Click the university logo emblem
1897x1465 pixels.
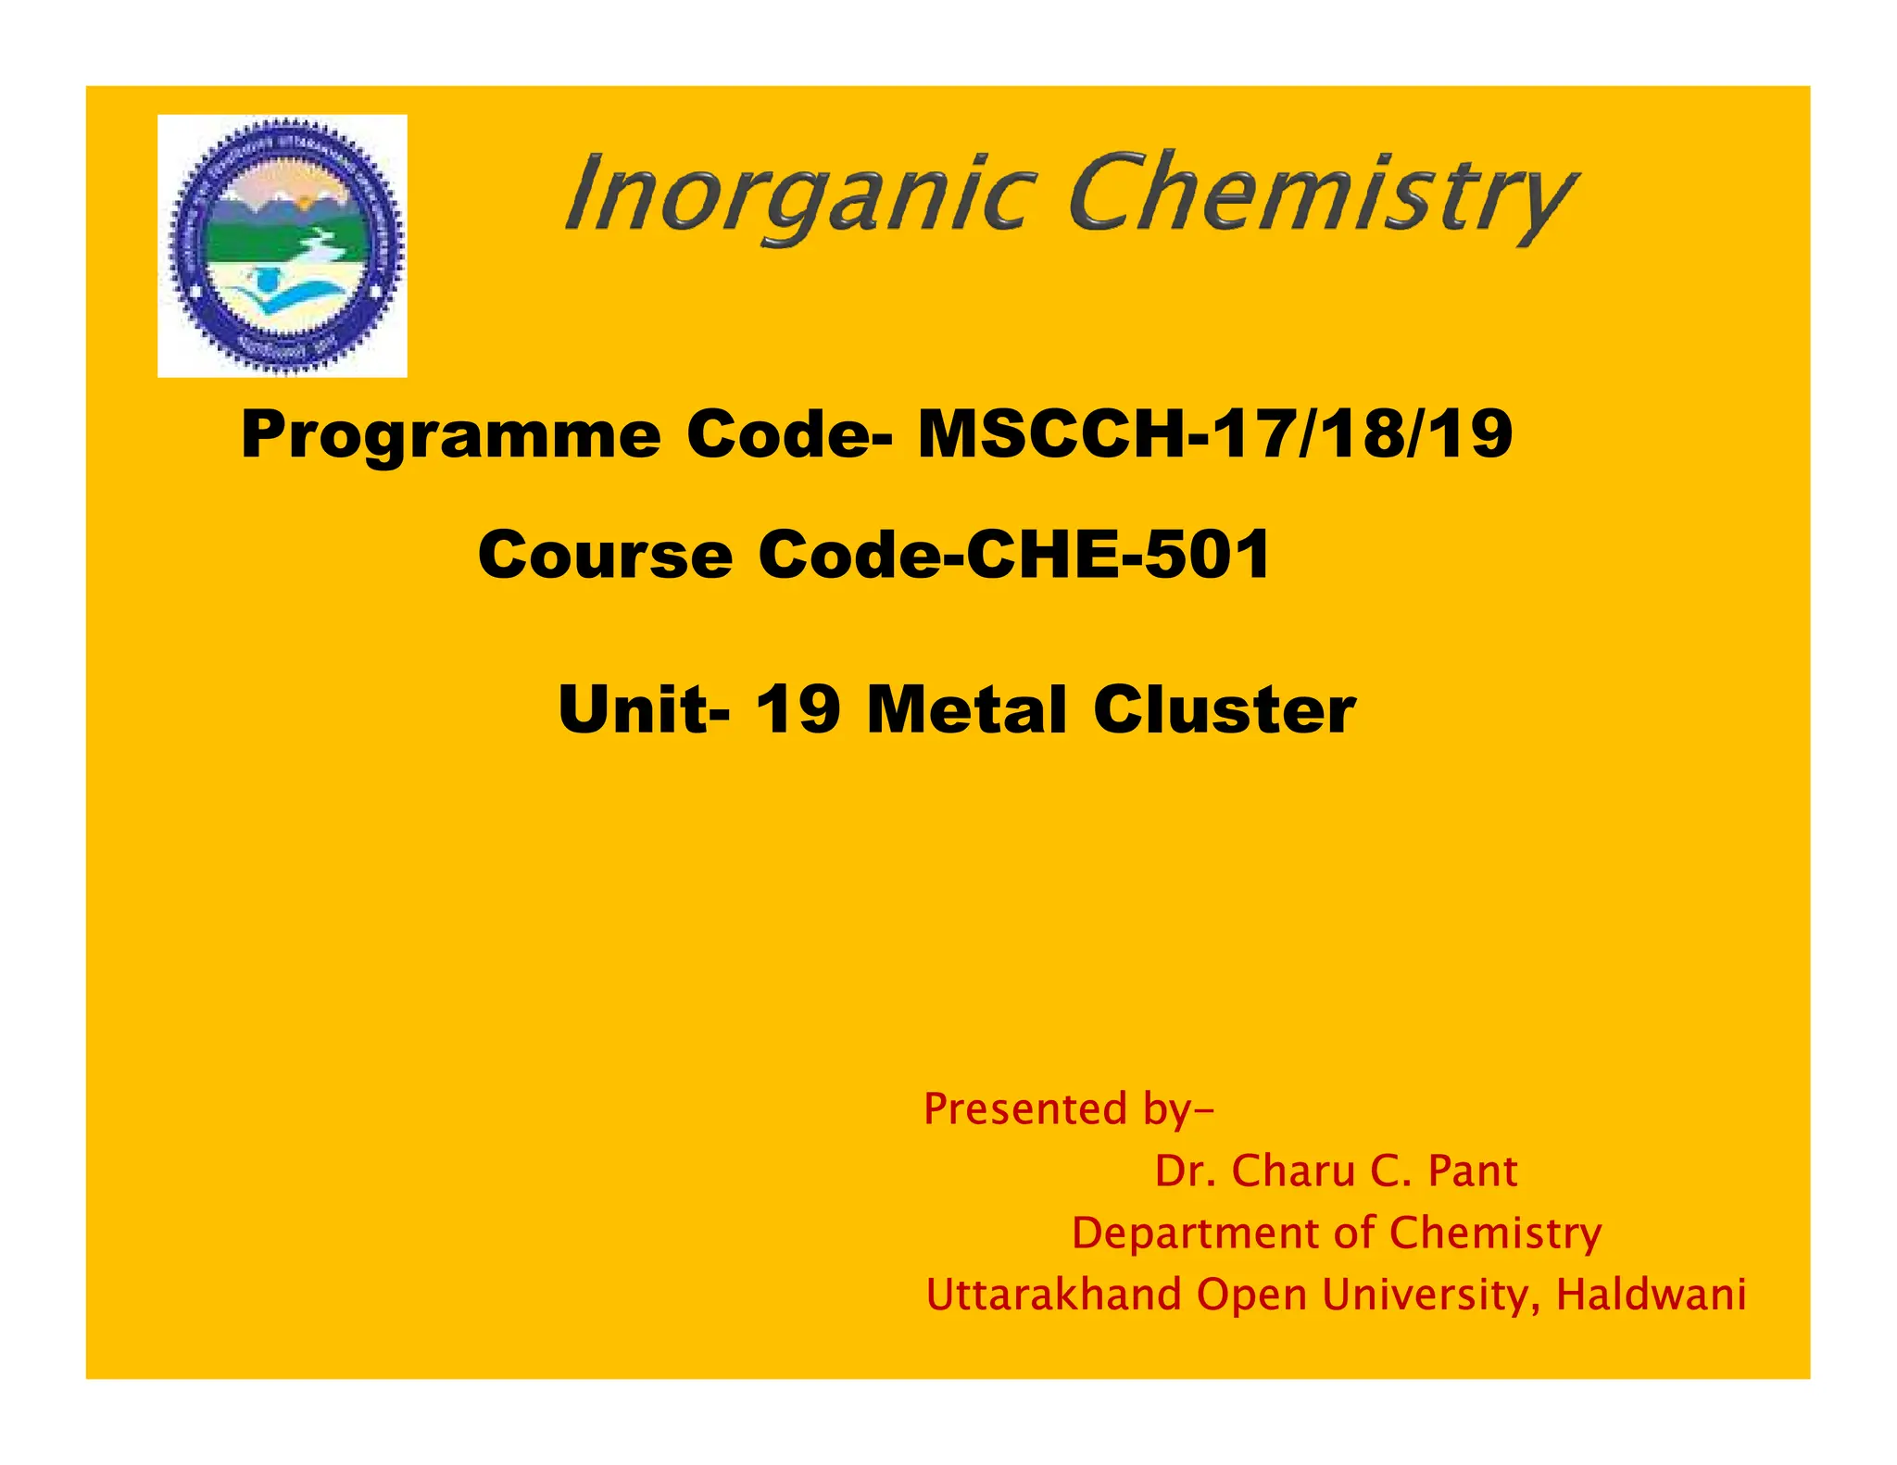(283, 245)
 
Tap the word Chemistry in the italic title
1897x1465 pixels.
(1322, 197)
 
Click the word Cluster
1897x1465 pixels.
(1224, 709)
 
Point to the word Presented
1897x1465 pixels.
(1024, 1108)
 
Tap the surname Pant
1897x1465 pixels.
(1473, 1171)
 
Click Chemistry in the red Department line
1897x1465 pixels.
(1495, 1233)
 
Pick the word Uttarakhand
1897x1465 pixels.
(1053, 1294)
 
